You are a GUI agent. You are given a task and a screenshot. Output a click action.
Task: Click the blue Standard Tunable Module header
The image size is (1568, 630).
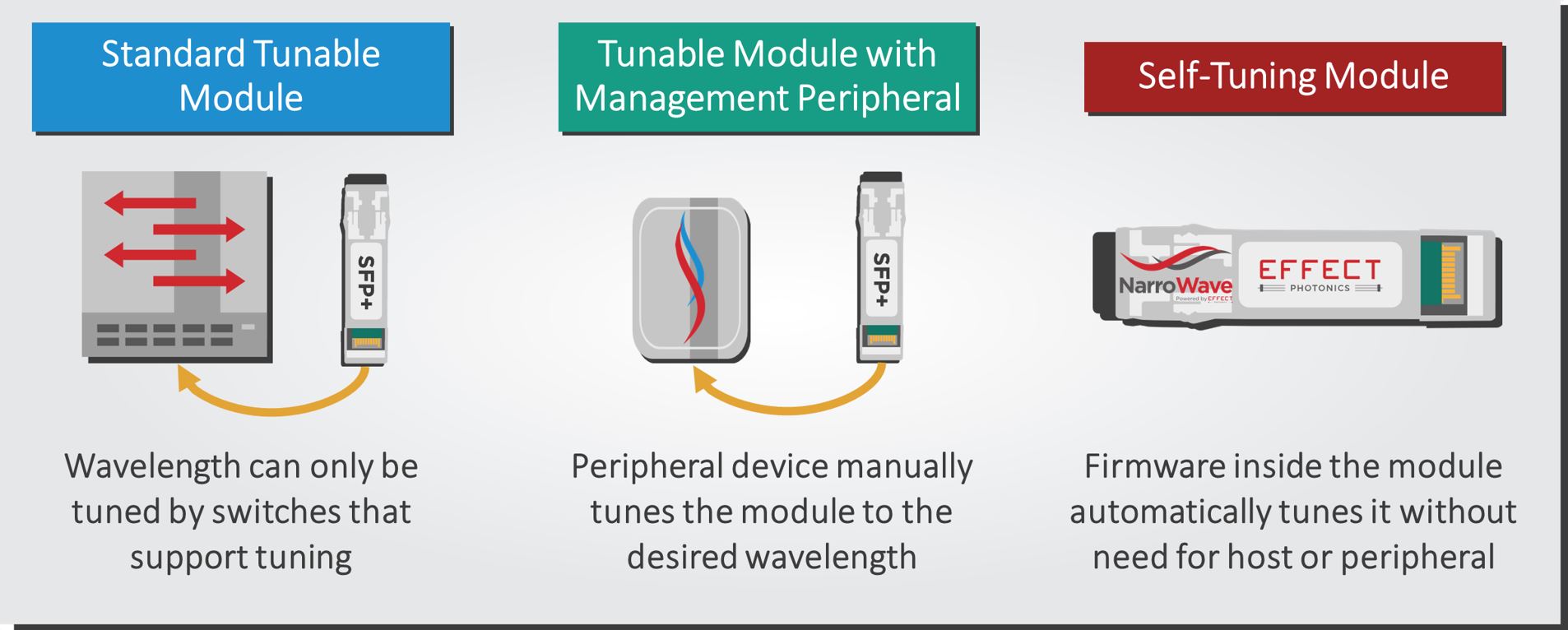coord(241,76)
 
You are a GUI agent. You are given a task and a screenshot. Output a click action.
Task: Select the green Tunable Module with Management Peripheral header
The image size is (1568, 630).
coord(767,76)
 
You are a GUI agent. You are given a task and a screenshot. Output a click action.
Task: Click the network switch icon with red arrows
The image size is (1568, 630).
coord(176,264)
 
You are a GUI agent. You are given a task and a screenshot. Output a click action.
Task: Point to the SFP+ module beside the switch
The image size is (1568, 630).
coord(364,269)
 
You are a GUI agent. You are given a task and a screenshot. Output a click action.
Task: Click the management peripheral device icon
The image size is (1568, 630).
coord(691,279)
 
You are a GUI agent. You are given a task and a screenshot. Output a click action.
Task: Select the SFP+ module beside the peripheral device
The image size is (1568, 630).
coord(879,266)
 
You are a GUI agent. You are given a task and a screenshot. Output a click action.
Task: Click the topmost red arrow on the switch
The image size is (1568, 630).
coord(150,202)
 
